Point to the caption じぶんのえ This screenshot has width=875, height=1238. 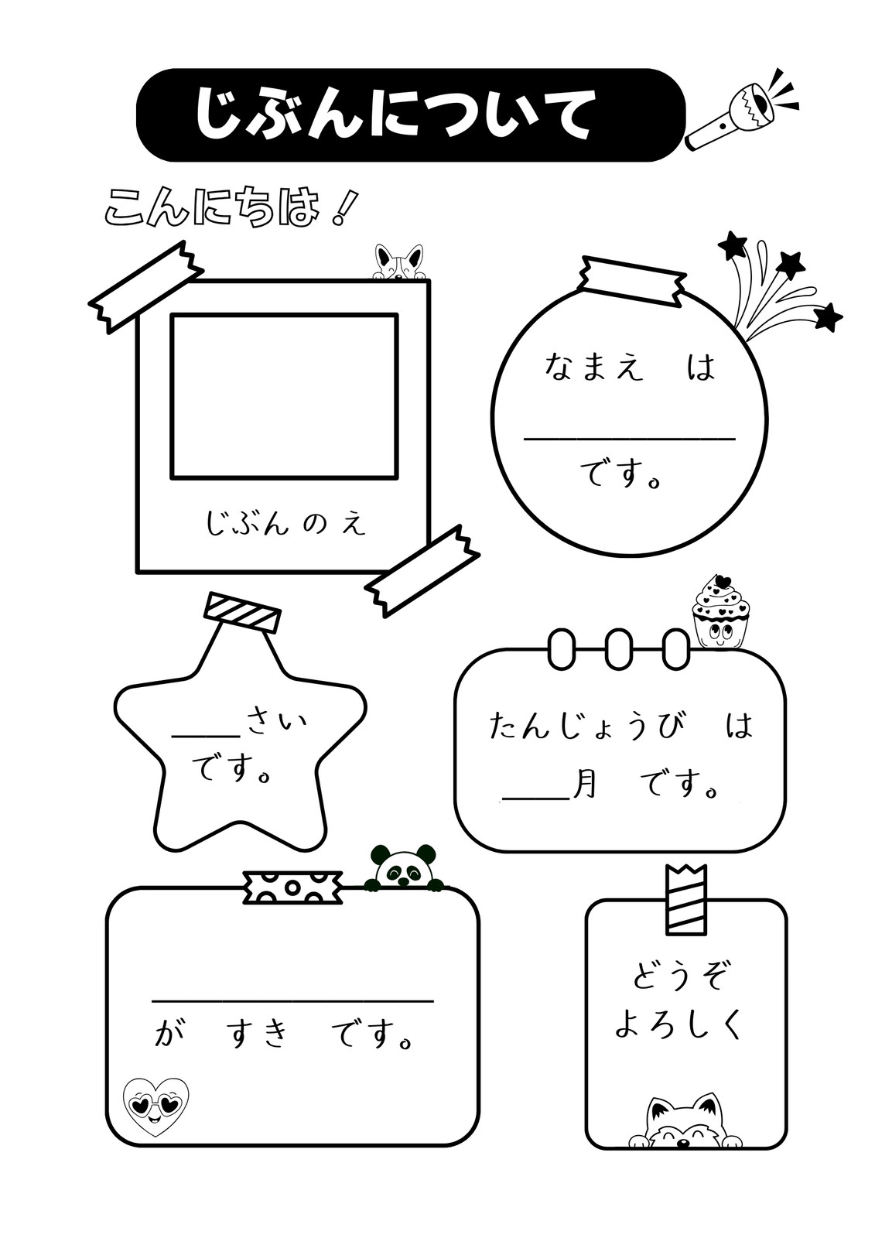point(285,523)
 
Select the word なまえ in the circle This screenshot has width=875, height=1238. point(593,367)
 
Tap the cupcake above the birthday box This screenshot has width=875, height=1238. point(721,611)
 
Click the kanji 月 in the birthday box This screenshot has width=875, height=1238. point(583,785)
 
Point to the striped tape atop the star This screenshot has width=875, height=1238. point(242,612)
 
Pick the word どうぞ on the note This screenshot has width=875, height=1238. point(678,977)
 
